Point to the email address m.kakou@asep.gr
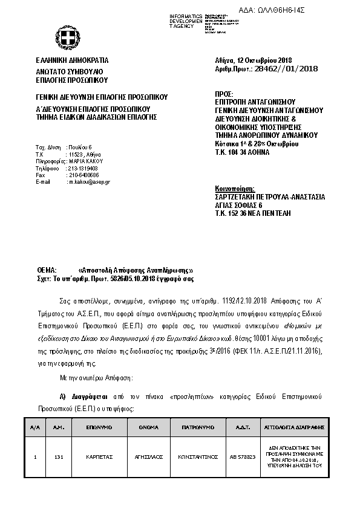(x=90, y=181)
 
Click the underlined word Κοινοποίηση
(x=235, y=189)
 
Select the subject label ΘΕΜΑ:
(x=47, y=270)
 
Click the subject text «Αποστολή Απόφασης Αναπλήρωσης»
(x=136, y=270)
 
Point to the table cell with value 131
(x=59, y=458)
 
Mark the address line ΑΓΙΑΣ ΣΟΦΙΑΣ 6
(x=238, y=206)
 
